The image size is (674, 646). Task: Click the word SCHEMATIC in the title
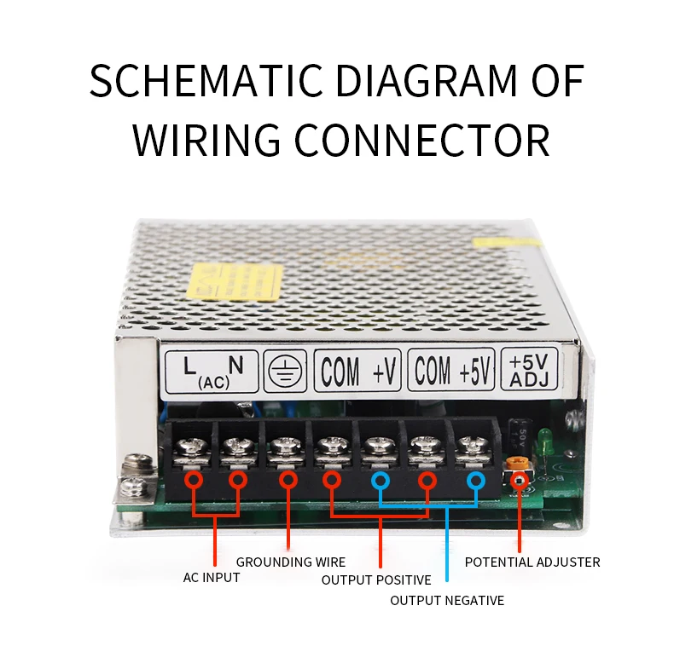205,82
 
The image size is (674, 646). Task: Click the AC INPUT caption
212,578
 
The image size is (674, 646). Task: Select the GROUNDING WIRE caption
291,562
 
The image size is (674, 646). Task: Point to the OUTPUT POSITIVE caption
376,580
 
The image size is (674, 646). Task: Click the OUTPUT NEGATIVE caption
447,601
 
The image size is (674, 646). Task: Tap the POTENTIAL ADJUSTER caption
532,562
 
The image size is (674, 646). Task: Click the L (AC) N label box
210,371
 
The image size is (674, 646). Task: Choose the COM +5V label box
452,371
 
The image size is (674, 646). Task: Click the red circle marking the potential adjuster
517,482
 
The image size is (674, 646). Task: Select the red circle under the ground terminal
288,482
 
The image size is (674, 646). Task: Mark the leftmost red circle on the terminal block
195,482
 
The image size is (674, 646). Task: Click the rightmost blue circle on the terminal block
475,482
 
